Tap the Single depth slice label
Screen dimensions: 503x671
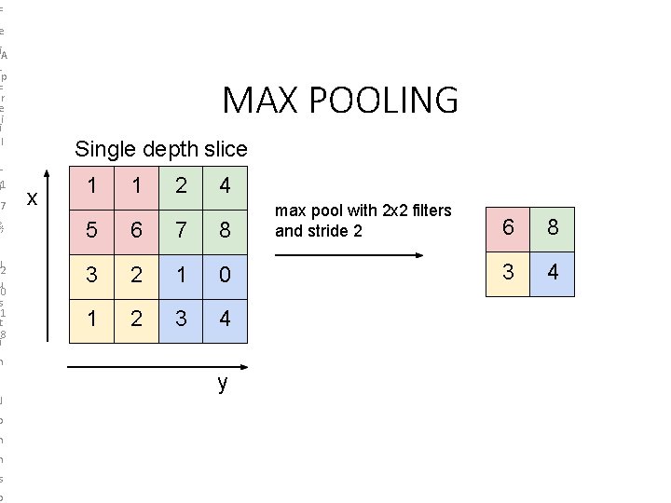click(x=161, y=149)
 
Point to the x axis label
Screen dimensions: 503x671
click(x=32, y=197)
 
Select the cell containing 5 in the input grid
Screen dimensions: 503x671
click(x=91, y=230)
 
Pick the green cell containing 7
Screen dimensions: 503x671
click(x=180, y=230)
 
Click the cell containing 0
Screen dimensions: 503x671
click(x=224, y=275)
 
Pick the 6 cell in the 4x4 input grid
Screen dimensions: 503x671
click(x=136, y=230)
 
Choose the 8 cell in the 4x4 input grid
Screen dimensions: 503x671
click(x=224, y=230)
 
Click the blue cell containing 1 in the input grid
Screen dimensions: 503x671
click(x=180, y=275)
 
